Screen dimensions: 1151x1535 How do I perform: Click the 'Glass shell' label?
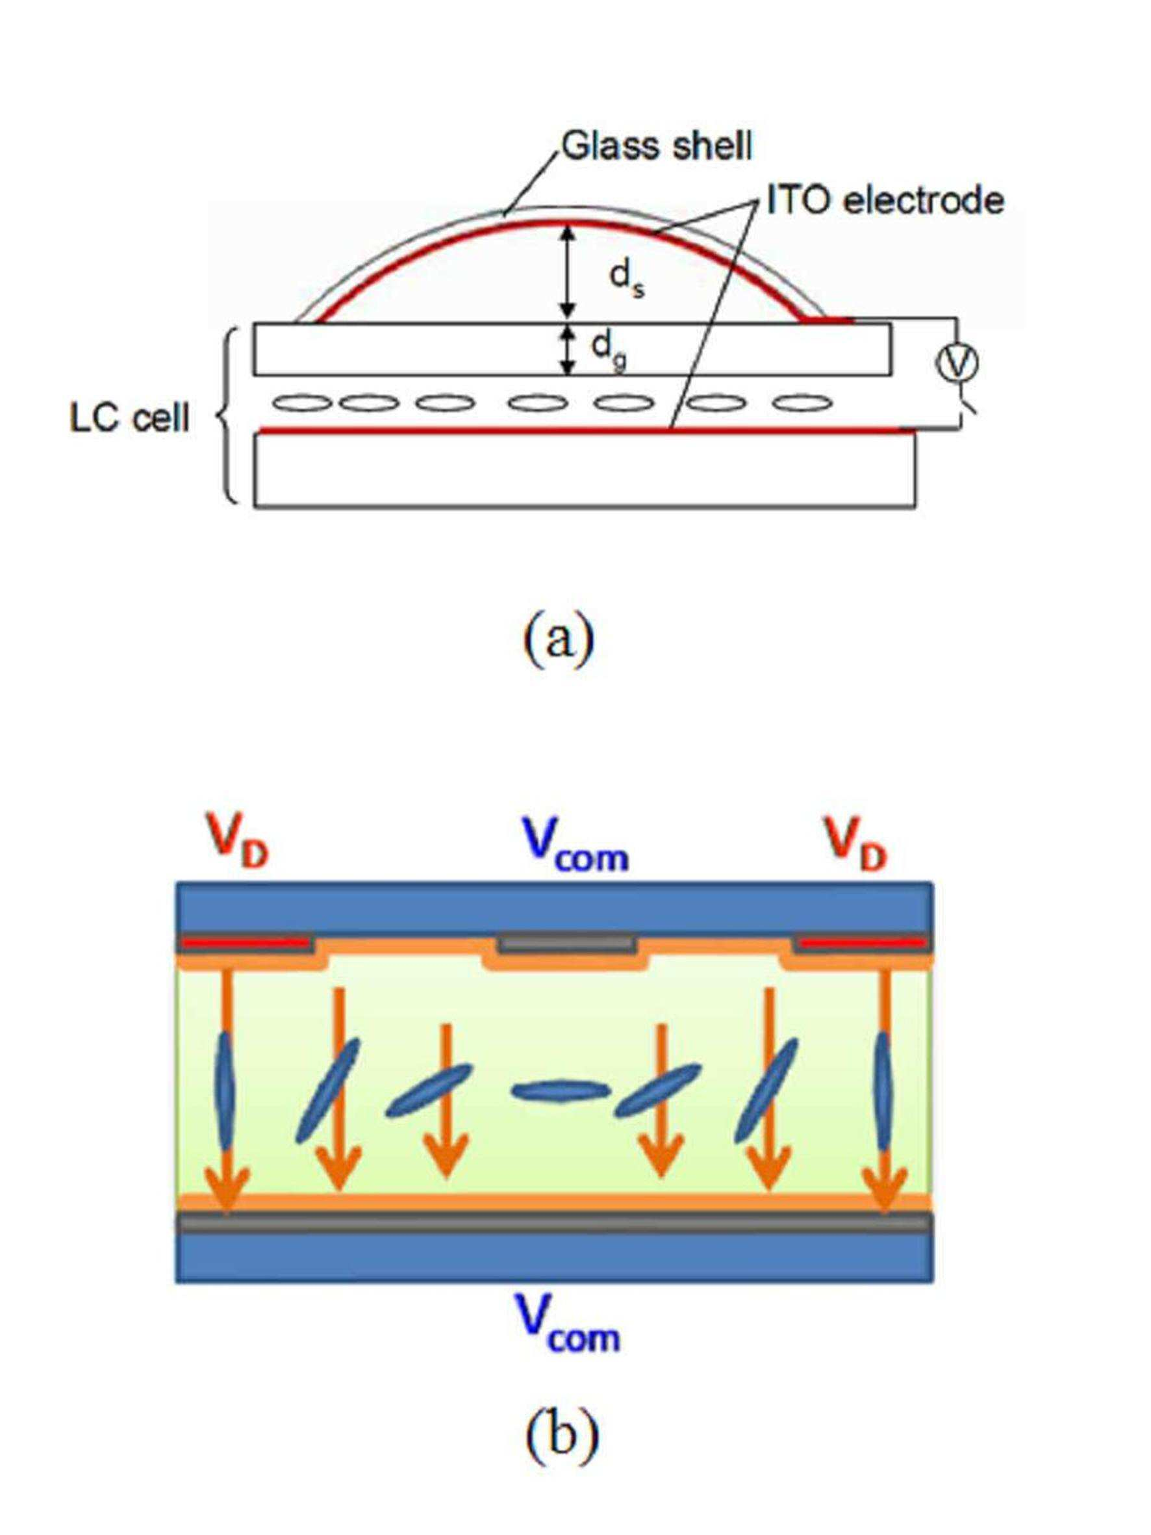coord(656,146)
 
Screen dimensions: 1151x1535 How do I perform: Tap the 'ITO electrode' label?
coord(886,200)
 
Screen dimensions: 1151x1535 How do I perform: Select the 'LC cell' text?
coord(130,418)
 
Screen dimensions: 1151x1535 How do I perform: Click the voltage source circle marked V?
coord(958,363)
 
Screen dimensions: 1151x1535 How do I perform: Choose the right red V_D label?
coord(855,844)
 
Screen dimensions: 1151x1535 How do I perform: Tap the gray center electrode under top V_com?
coord(567,944)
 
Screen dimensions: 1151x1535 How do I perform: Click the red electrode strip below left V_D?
coord(244,943)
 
